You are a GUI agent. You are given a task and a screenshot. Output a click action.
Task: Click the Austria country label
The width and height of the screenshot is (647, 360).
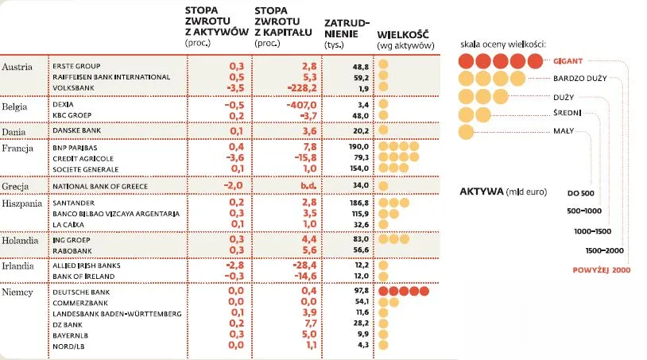click(x=17, y=67)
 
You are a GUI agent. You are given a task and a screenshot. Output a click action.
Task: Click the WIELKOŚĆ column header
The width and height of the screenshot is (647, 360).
click(x=403, y=36)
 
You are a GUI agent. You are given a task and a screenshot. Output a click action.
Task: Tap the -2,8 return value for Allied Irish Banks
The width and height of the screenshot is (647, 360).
click(x=234, y=264)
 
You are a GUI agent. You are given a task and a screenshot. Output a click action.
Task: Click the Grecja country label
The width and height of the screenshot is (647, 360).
click(x=17, y=186)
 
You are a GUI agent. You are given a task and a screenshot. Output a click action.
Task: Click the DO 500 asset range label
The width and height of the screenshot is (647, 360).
click(x=581, y=193)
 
